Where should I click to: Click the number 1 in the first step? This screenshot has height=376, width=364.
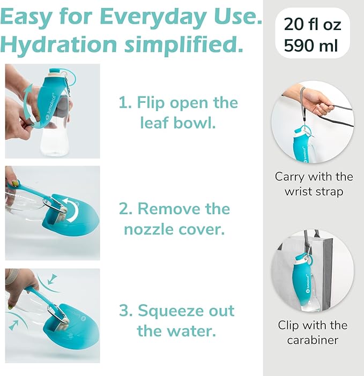[124, 102]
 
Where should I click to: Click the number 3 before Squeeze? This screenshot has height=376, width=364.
[127, 311]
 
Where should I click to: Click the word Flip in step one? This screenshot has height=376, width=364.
[152, 102]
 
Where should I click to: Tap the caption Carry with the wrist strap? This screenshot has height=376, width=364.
[314, 183]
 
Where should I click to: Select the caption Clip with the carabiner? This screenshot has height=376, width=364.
[313, 332]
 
